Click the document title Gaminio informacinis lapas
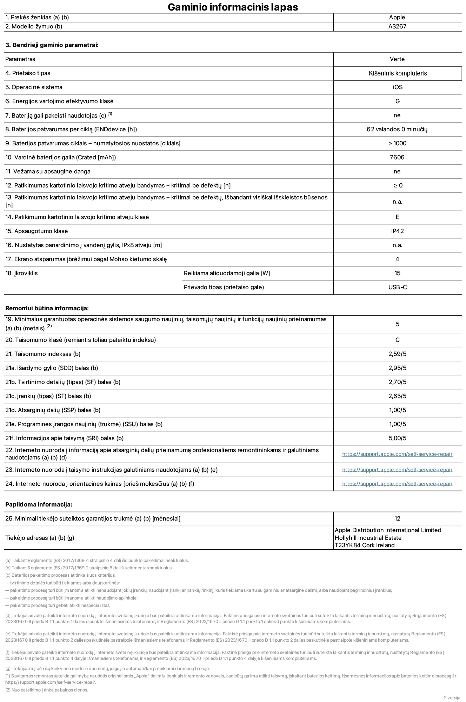(x=233, y=7)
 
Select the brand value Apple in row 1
(x=397, y=18)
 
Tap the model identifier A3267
(x=397, y=27)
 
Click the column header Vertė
(x=397, y=59)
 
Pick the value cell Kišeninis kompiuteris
(x=398, y=73)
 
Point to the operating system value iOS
(x=397, y=87)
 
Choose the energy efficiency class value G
(x=397, y=101)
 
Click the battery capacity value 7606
(x=397, y=157)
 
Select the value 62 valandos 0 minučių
(x=397, y=129)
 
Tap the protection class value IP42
(x=397, y=231)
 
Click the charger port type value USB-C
(x=397, y=287)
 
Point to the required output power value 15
(x=397, y=273)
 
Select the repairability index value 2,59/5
(x=397, y=354)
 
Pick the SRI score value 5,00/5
(x=397, y=438)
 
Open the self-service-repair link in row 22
(x=397, y=454)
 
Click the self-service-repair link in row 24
(x=397, y=484)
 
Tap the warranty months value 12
(x=397, y=518)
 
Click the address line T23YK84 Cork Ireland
(x=364, y=545)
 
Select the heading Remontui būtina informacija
(x=47, y=308)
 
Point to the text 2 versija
(x=452, y=697)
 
